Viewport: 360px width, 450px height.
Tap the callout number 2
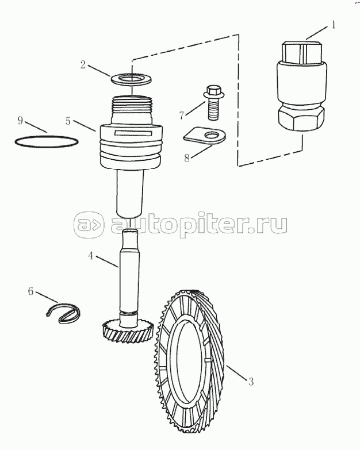83,64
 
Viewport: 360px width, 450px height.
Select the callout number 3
251,382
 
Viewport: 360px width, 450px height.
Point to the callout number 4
91,255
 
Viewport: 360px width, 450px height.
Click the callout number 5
68,121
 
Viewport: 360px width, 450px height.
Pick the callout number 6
30,291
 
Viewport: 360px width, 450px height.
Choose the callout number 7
181,116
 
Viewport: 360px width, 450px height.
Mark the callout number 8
187,158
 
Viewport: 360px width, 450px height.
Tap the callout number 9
20,120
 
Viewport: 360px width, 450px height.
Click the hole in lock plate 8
212,135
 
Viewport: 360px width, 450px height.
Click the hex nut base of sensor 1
301,119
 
